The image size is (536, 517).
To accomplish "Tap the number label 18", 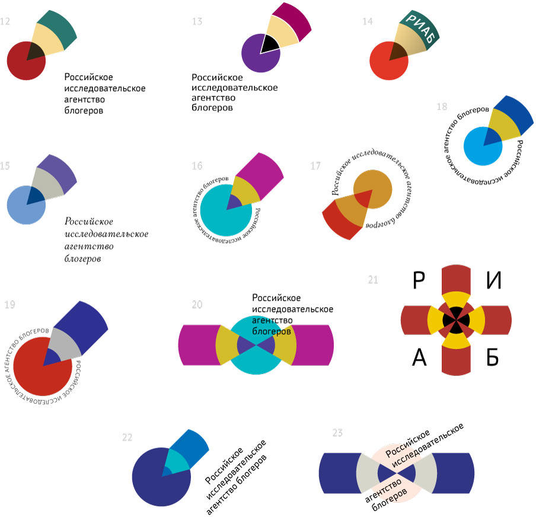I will pyautogui.click(x=441, y=107).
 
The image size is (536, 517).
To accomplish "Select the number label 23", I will pyautogui.click(x=337, y=433).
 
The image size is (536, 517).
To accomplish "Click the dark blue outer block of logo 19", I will pyautogui.click(x=82, y=320).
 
